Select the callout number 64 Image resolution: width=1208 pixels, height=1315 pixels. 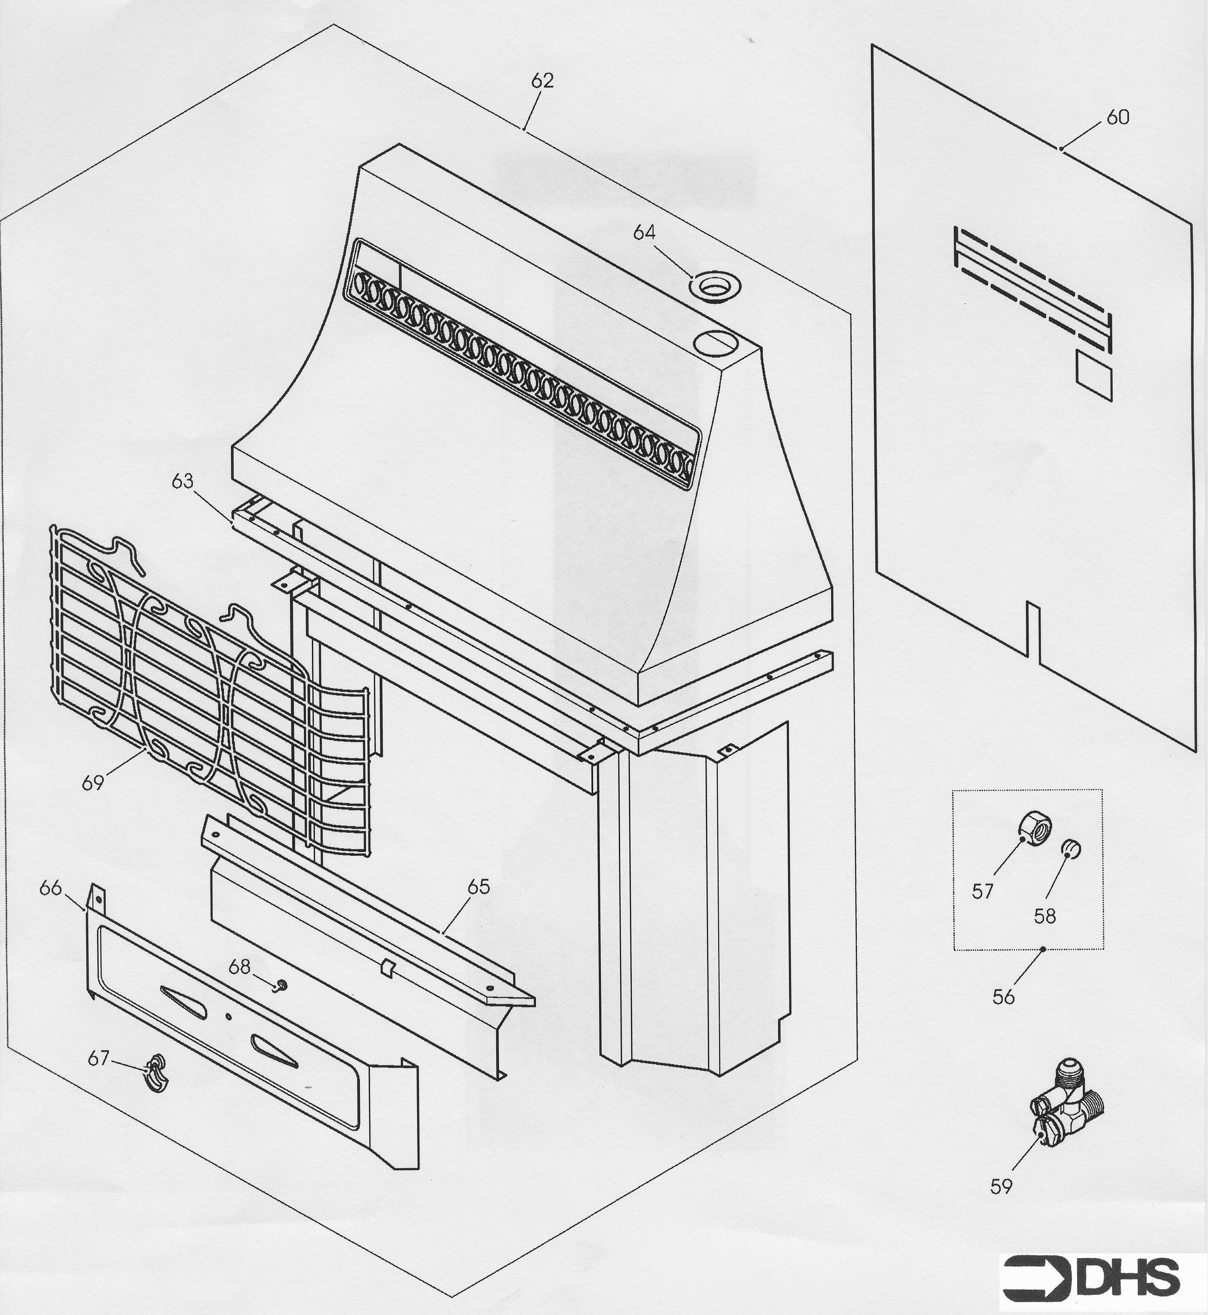pos(644,233)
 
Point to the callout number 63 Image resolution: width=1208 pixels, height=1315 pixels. pos(182,481)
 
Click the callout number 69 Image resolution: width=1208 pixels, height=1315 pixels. pos(93,782)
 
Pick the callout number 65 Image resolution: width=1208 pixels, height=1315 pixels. pos(479,887)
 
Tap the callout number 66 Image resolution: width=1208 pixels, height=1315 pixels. pos(50,887)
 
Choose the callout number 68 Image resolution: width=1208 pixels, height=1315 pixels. pos(239,967)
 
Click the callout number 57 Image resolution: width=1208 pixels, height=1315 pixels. pos(983,891)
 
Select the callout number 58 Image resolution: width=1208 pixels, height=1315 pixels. pos(1045,916)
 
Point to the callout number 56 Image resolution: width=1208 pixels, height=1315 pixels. pos(1003,997)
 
